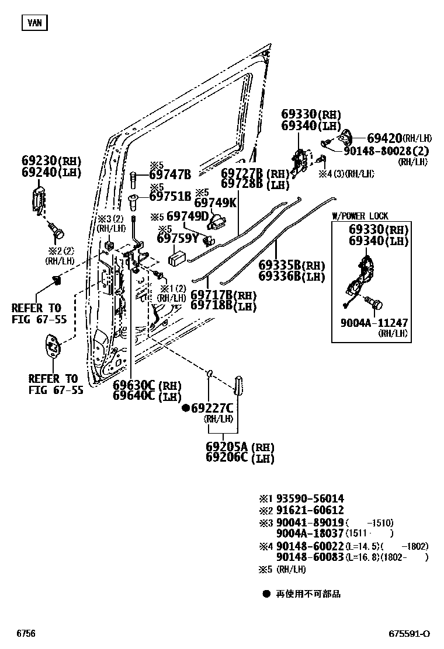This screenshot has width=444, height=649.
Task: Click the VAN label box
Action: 34,23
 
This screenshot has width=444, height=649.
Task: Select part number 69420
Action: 384,138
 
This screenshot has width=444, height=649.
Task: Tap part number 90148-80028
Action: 383,151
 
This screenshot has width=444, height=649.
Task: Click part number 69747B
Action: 170,174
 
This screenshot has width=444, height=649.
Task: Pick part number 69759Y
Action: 178,238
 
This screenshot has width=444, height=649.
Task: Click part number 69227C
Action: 213,408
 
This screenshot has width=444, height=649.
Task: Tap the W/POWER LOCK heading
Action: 360,216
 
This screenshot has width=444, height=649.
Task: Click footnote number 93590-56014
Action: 310,498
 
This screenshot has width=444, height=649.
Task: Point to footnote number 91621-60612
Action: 310,510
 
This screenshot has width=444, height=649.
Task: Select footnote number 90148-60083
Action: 310,557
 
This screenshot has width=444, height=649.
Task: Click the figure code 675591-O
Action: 410,633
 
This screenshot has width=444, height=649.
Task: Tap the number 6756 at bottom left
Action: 26,633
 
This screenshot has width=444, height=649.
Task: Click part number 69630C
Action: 134,386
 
